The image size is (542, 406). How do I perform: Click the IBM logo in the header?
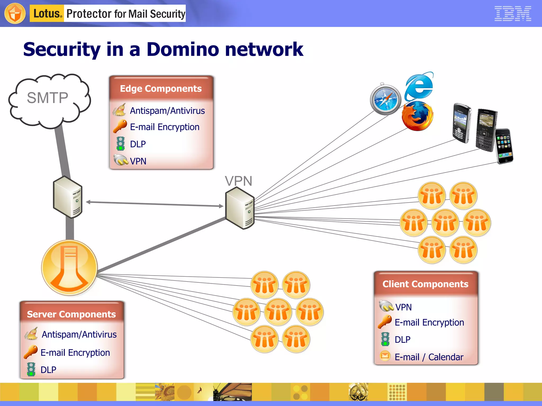pyautogui.click(x=513, y=13)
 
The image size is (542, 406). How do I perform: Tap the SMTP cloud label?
pyautogui.click(x=48, y=98)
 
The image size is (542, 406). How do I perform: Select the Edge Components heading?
pyautogui.click(x=161, y=89)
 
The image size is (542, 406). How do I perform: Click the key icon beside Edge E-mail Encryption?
pyautogui.click(x=120, y=126)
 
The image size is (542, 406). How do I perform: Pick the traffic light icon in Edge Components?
pyautogui.click(x=120, y=144)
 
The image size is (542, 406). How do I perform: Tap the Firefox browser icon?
pyautogui.click(x=417, y=116)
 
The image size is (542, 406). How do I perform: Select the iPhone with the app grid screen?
pyautogui.click(x=504, y=146)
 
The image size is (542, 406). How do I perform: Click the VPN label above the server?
pyautogui.click(x=238, y=181)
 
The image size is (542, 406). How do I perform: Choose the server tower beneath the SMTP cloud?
pyautogui.click(x=68, y=197)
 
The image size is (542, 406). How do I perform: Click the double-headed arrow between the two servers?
pyautogui.click(x=155, y=204)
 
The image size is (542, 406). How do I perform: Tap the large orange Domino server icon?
pyautogui.click(x=69, y=267)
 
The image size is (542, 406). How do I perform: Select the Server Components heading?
pyautogui.click(x=71, y=314)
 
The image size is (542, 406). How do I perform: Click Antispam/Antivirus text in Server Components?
pyautogui.click(x=79, y=335)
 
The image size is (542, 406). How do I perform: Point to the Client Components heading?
pyautogui.click(x=425, y=284)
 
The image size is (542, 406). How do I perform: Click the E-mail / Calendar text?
pyautogui.click(x=429, y=357)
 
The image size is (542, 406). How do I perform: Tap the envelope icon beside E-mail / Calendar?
pyautogui.click(x=385, y=356)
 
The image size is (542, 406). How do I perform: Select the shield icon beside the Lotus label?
pyautogui.click(x=15, y=13)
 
